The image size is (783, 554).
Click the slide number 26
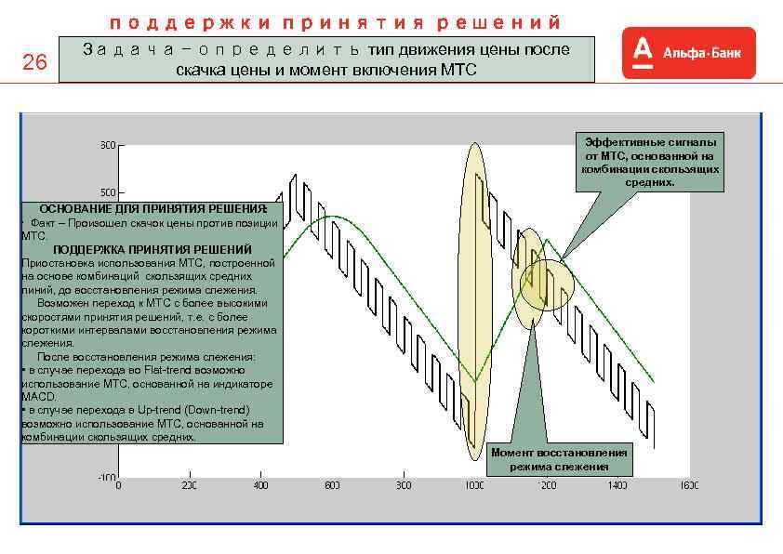[33, 63]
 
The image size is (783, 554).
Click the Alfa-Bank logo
[688, 53]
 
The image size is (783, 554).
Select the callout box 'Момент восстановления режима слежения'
[559, 459]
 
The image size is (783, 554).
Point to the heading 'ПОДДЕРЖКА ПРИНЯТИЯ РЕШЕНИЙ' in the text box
[153, 250]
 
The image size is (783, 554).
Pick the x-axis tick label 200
[189, 485]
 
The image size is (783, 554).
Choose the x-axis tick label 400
[260, 485]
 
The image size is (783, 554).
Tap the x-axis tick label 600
[332, 485]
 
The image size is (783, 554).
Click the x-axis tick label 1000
[474, 485]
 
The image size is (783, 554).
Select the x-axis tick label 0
[118, 485]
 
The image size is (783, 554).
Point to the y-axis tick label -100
[106, 477]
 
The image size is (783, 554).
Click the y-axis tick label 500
[108, 191]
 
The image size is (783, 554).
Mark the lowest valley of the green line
[474, 381]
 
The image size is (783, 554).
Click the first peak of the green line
[327, 217]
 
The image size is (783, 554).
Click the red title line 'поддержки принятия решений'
[336, 21]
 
